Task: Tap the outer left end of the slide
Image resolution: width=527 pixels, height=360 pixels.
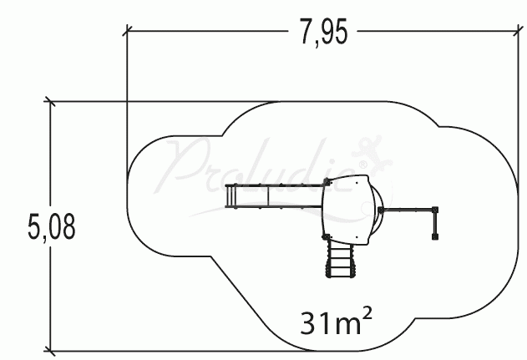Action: point(228,198)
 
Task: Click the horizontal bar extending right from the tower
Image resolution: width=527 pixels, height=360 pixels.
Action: point(407,208)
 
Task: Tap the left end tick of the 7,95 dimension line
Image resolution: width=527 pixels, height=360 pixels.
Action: point(126,33)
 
